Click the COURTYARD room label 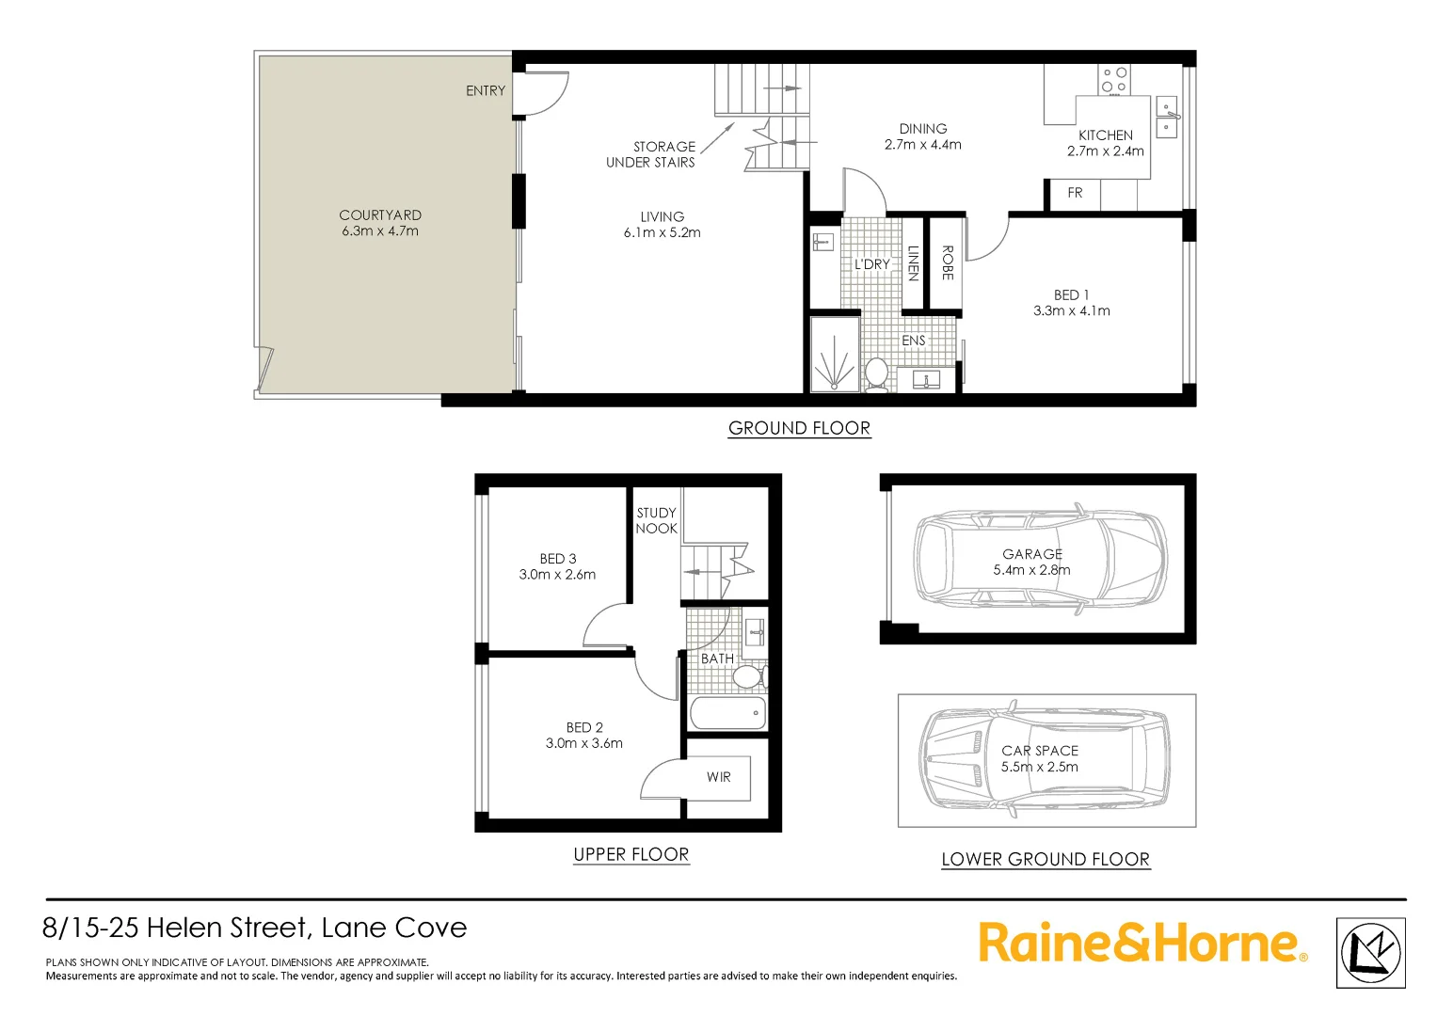[380, 215]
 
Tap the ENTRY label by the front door [486, 90]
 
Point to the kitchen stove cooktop [1114, 79]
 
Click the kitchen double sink [1166, 117]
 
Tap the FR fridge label [1075, 193]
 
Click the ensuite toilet [876, 373]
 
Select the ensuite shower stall [835, 354]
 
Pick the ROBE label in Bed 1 [947, 262]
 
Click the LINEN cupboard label [913, 262]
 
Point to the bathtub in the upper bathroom [727, 713]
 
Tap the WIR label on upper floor [719, 777]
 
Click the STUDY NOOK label [656, 520]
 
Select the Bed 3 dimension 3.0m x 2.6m [557, 575]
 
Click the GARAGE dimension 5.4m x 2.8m [1031, 570]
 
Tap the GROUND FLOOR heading [799, 428]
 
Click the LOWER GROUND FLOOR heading [1046, 859]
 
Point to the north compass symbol [1370, 953]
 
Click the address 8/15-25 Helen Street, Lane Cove [255, 928]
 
